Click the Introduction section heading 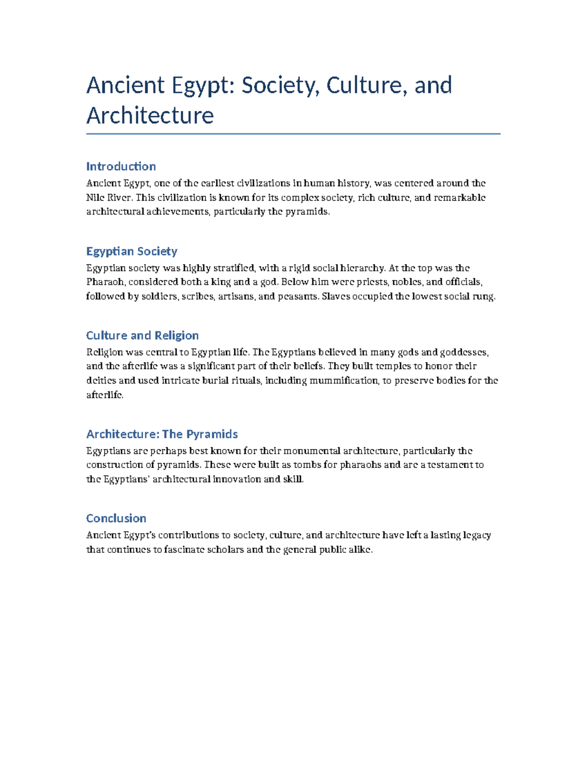point(121,166)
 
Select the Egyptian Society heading point(132,251)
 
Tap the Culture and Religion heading point(142,335)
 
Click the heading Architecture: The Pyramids point(162,434)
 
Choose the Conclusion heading point(116,518)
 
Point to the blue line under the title point(293,133)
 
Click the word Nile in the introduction point(94,197)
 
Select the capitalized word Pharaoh point(106,282)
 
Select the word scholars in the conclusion point(226,549)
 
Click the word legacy point(476,535)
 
